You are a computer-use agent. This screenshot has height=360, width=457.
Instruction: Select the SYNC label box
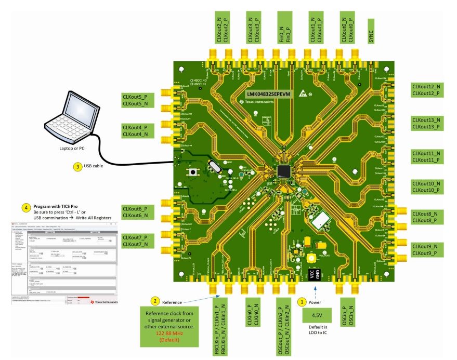point(371,30)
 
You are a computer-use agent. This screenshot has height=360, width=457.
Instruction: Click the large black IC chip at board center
point(284,170)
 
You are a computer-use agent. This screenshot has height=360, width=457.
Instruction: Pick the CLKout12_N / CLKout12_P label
point(426,90)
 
